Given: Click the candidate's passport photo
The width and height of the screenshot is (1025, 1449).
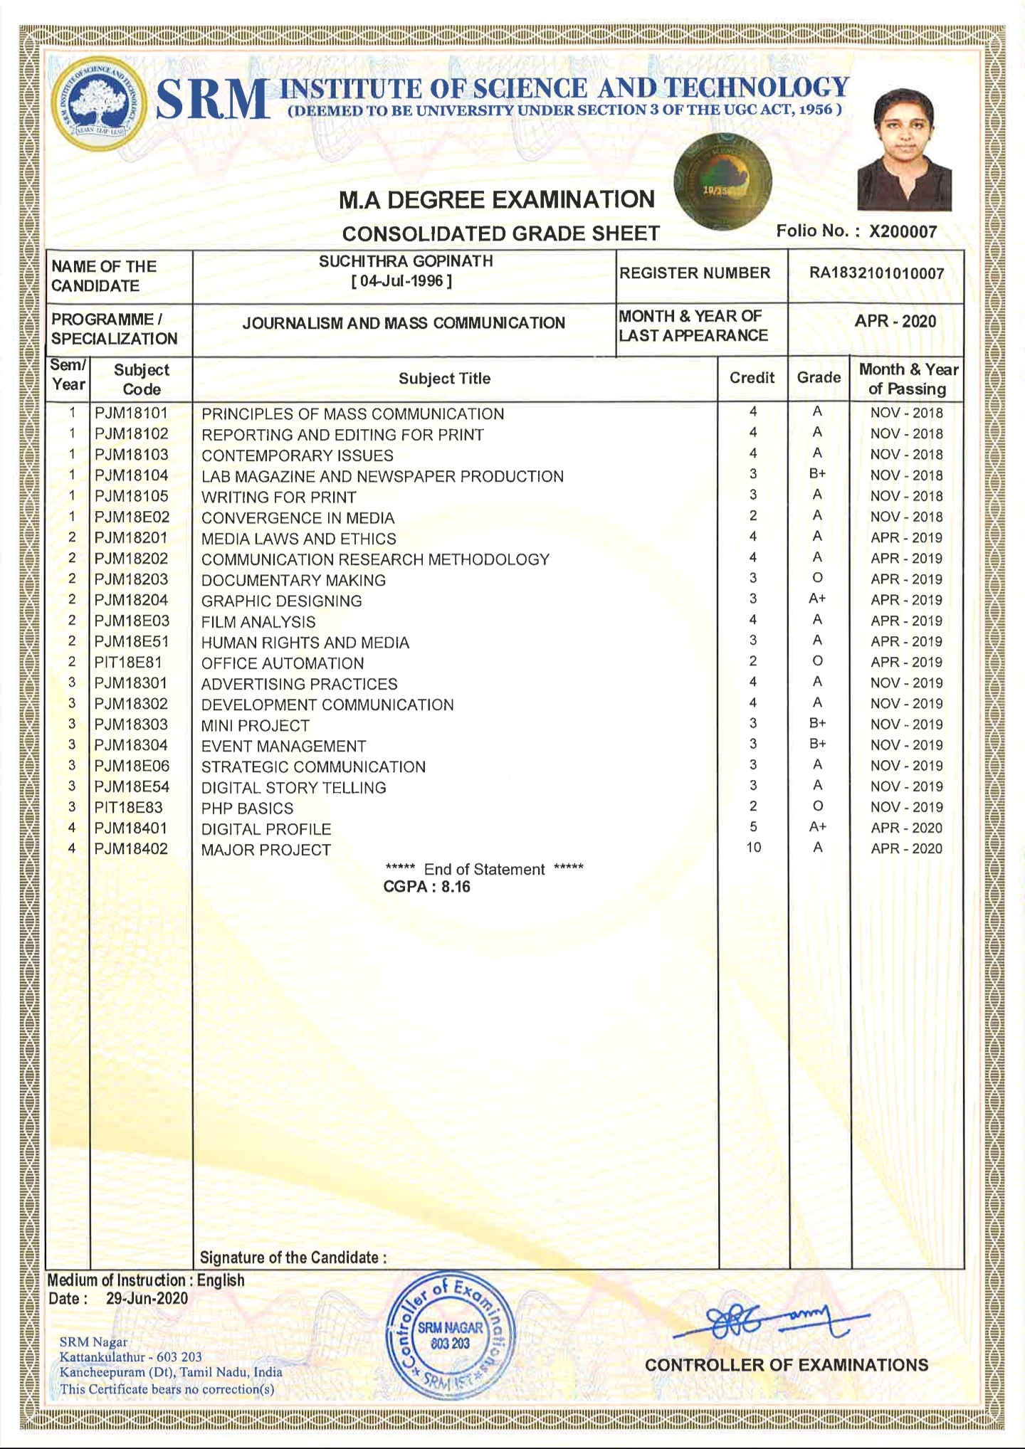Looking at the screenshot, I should pos(904,149).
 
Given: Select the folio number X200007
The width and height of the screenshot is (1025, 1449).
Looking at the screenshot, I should pos(903,231).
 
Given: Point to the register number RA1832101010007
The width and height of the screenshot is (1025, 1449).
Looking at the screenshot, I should pos(876,273).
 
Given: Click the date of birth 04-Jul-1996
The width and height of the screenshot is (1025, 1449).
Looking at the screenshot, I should pos(401,280).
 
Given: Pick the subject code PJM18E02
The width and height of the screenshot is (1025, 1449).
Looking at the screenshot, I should pos(132,517).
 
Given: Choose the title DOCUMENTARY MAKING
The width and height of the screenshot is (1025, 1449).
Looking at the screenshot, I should pos(293,580).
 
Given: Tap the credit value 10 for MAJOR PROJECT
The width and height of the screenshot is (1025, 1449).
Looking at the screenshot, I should pos(753,847).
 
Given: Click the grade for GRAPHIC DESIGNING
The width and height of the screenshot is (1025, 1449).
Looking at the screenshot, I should pos(817,599).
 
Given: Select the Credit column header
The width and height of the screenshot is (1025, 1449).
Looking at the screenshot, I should pos(752,378).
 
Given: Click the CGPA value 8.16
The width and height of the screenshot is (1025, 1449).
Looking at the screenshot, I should pos(456,887).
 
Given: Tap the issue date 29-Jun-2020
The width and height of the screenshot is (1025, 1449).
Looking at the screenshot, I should pos(147,1298).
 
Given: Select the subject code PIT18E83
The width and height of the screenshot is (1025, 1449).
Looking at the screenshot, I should pos(129,808).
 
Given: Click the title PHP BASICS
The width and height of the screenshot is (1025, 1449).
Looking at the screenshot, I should pos(247,808).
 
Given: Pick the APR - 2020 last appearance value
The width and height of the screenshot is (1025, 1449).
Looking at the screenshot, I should pos(895,321).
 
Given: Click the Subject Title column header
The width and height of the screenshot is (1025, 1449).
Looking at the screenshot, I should pos(444,379).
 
